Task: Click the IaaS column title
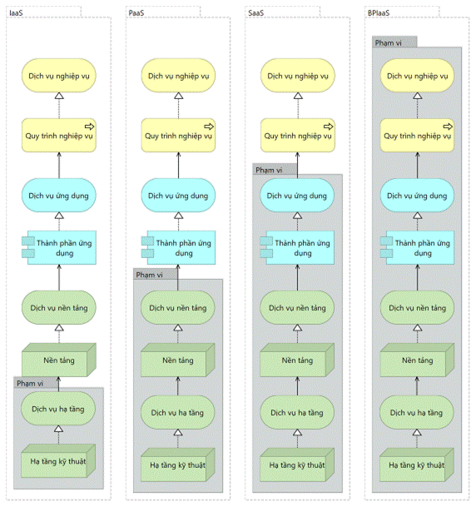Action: click(16, 13)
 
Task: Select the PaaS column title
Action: click(136, 13)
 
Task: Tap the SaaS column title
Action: click(255, 13)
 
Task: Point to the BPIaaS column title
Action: click(379, 13)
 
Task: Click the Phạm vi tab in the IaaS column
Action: click(30, 383)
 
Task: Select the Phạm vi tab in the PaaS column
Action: click(149, 275)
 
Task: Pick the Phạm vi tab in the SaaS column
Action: click(269, 170)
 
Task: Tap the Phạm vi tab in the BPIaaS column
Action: click(388, 42)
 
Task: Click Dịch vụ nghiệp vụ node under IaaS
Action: click(59, 76)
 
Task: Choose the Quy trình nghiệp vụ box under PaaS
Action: click(178, 135)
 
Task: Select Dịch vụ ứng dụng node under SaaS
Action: click(297, 196)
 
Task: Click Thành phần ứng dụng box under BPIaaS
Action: click(417, 248)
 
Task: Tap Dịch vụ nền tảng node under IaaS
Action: click(59, 307)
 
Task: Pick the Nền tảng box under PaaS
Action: click(178, 360)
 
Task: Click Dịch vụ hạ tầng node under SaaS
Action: click(297, 412)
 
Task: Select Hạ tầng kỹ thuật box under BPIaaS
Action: click(417, 465)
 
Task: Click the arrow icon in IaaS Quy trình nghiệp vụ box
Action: click(90, 126)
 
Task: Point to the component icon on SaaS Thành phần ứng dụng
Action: click(266, 247)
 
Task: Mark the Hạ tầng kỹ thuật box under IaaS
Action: click(58, 460)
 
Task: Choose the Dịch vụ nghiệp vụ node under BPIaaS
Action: click(417, 76)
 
